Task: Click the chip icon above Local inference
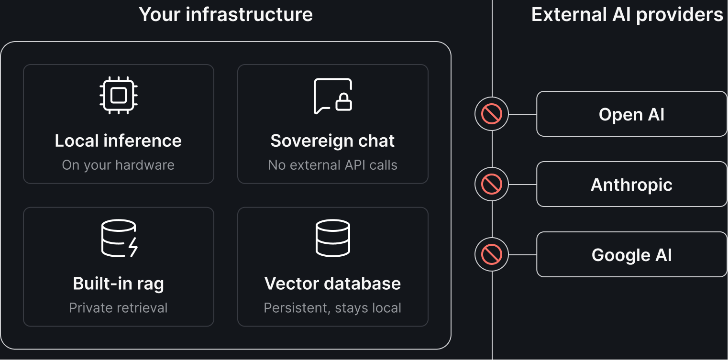point(119,95)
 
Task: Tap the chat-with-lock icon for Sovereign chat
point(333,96)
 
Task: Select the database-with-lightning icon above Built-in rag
point(119,238)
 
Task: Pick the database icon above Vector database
point(333,238)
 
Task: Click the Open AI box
point(631,114)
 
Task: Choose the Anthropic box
point(631,185)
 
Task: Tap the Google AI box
point(631,255)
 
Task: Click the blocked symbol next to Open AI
point(491,114)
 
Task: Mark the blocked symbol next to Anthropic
point(491,185)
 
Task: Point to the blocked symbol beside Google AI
point(491,255)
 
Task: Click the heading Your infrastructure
point(226,14)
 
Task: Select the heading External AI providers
point(627,14)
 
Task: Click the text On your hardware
point(118,165)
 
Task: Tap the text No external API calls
point(332,165)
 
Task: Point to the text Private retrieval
point(118,307)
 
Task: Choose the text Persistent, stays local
point(332,307)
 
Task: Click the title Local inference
point(118,141)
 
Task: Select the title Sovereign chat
point(332,141)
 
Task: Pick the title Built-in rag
point(118,284)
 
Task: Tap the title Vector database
point(332,284)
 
